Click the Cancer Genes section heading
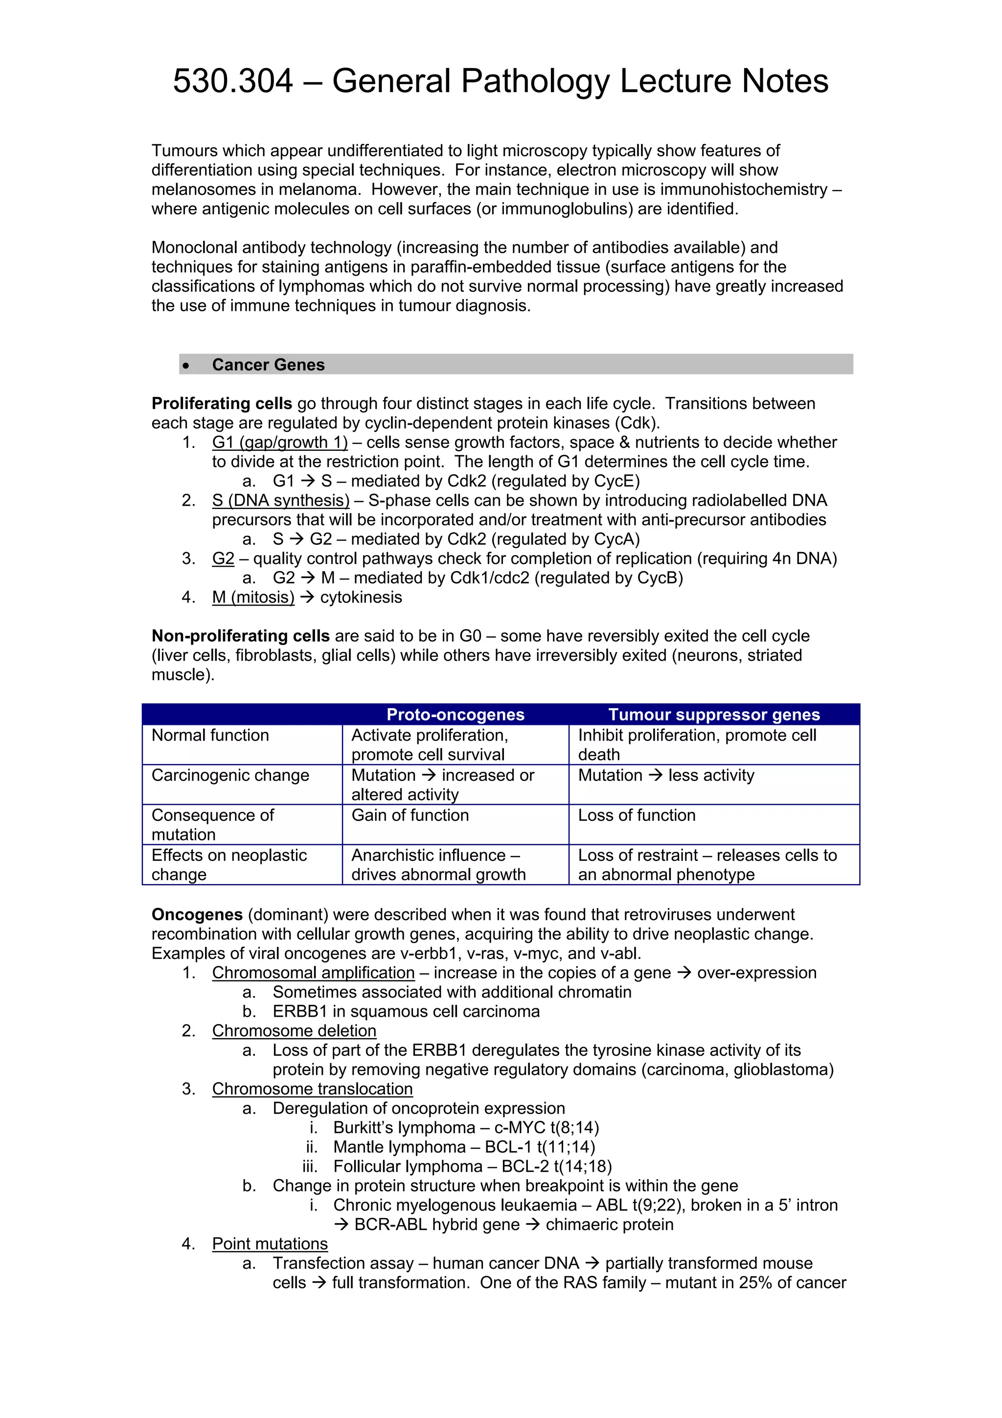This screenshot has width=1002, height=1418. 268,365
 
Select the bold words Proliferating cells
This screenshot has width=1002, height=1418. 221,404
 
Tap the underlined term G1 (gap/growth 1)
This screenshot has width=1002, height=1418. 280,443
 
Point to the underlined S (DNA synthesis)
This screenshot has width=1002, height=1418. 280,501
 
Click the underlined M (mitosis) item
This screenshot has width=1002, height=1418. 253,598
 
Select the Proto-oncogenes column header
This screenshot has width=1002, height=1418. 455,715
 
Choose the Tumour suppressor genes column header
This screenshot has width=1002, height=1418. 714,715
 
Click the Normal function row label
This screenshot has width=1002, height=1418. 210,736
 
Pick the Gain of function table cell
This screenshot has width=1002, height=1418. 410,816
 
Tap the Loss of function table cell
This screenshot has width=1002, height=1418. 637,816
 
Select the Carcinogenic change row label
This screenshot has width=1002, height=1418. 230,776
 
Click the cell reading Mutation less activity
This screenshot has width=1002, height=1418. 666,776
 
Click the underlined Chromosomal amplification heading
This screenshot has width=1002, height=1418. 313,974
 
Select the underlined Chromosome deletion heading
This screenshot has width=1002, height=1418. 294,1031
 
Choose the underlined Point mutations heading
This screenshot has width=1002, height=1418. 270,1244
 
